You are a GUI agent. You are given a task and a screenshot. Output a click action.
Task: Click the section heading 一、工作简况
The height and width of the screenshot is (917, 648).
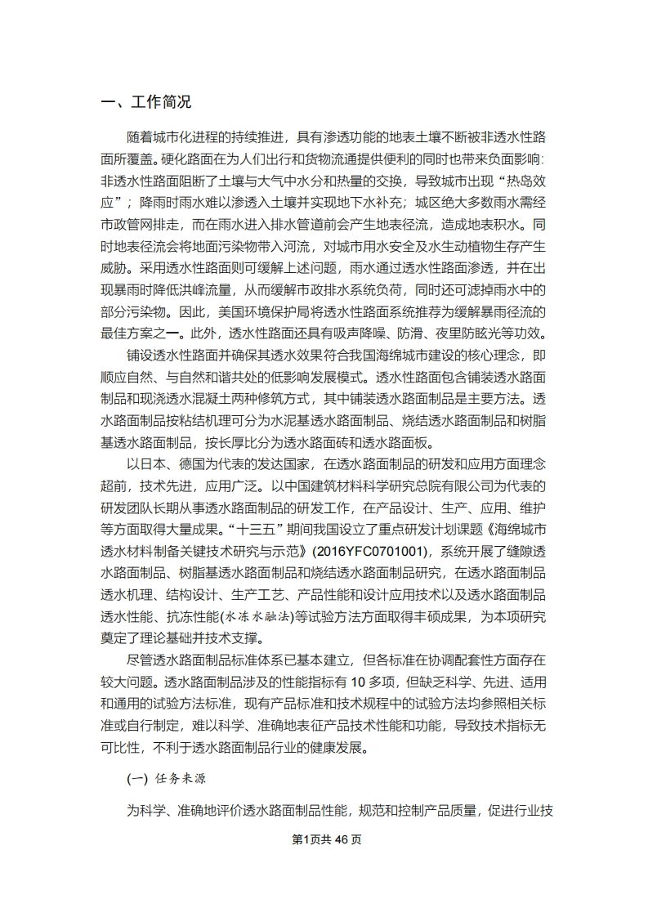145,102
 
